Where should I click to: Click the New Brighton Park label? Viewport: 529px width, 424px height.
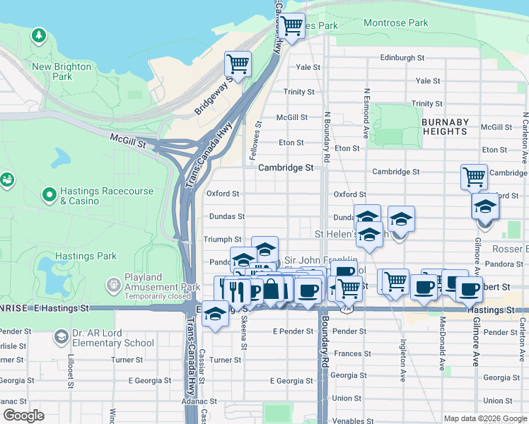[62, 71]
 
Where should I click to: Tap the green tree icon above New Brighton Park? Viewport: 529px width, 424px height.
[38, 35]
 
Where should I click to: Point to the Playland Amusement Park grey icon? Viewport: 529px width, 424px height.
[112, 285]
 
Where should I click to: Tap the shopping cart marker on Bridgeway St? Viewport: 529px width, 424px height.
[238, 64]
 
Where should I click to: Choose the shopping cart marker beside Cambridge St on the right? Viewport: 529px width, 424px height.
[473, 176]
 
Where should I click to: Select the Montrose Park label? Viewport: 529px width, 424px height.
[396, 23]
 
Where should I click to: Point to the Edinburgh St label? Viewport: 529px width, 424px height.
[402, 58]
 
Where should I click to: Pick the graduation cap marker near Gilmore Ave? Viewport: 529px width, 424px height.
[485, 207]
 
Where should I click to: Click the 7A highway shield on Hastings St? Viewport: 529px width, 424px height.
[345, 310]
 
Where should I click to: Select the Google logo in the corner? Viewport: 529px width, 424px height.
[23, 416]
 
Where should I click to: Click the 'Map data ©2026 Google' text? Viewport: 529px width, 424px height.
[485, 418]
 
